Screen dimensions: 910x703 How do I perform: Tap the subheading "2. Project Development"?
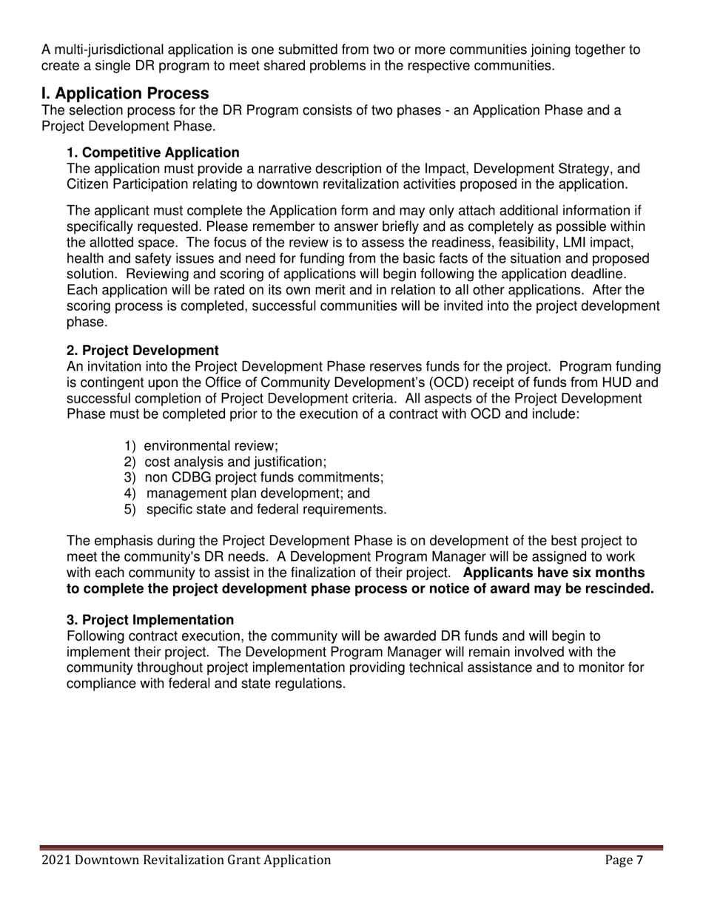(143, 350)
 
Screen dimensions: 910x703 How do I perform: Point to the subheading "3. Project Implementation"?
(150, 620)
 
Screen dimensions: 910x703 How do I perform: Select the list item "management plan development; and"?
(258, 493)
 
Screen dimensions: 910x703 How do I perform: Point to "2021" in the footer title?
(56, 860)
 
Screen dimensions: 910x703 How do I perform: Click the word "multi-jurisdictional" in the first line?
(110, 50)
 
